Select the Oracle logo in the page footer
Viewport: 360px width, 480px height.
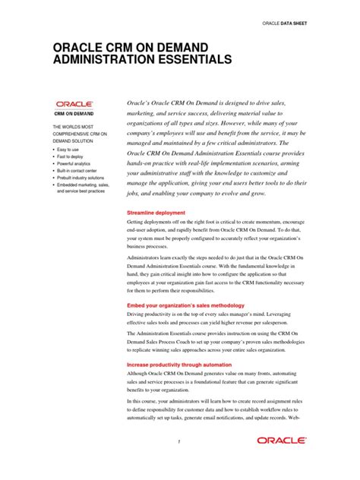pos(281,440)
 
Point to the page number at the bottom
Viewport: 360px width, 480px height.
pos(179,442)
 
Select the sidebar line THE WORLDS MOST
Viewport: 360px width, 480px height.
pos(73,125)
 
